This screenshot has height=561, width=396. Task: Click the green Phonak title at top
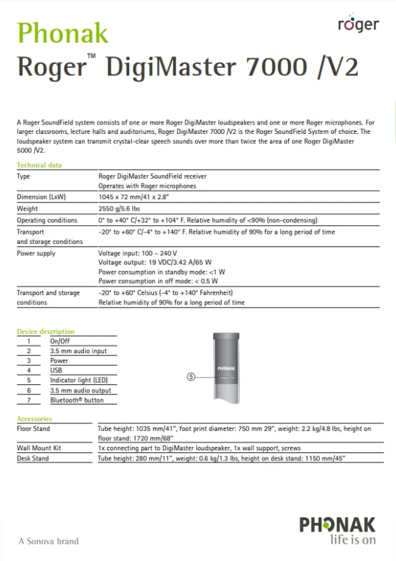click(63, 33)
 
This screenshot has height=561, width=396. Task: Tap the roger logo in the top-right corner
click(358, 25)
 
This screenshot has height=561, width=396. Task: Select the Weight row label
click(28, 209)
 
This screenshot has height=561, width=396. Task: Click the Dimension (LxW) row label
click(41, 197)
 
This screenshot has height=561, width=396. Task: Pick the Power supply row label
click(36, 253)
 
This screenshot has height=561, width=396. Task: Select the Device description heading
click(45, 331)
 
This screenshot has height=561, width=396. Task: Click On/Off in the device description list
click(60, 340)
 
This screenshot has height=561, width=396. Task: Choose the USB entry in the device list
click(57, 370)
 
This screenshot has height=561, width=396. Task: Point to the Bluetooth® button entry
click(77, 400)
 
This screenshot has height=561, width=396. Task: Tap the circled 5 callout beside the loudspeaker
click(191, 376)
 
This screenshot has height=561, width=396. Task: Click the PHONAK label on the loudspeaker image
click(227, 368)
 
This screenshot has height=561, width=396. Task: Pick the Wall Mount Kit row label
click(39, 448)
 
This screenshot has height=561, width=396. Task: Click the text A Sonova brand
click(48, 541)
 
